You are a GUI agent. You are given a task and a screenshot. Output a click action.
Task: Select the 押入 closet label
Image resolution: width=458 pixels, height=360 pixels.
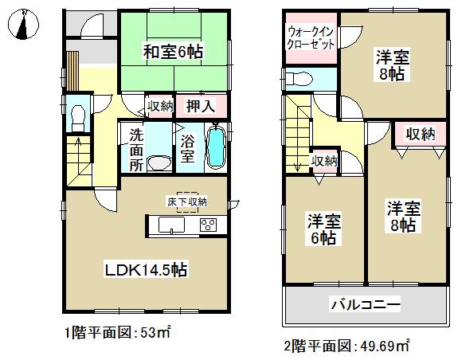point(199,105)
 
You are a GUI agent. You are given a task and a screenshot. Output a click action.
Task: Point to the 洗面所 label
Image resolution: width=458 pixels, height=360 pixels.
point(135,149)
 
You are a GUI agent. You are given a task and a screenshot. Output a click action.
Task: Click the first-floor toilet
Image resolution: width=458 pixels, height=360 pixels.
point(77,120)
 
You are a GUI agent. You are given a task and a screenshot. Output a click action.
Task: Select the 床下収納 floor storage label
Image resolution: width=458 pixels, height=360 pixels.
point(187,202)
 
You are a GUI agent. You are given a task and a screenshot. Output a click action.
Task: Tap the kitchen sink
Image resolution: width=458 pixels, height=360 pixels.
point(170,227)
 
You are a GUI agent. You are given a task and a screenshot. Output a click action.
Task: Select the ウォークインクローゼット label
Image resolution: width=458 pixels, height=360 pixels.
point(310,37)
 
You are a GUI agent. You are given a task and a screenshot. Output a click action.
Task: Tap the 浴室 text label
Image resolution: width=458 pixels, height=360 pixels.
point(187,149)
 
